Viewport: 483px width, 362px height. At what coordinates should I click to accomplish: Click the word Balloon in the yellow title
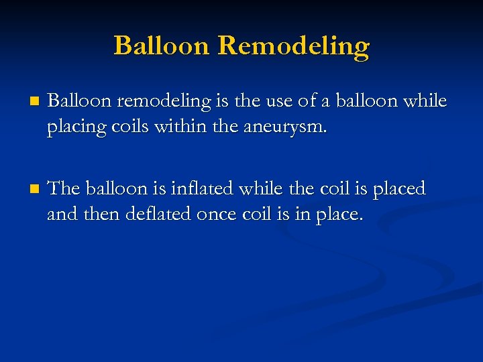pos(162,46)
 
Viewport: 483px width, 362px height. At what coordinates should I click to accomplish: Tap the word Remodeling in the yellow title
pos(294,46)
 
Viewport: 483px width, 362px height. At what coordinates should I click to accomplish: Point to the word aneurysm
pos(290,127)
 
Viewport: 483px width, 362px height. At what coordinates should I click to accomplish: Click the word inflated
pos(205,189)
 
